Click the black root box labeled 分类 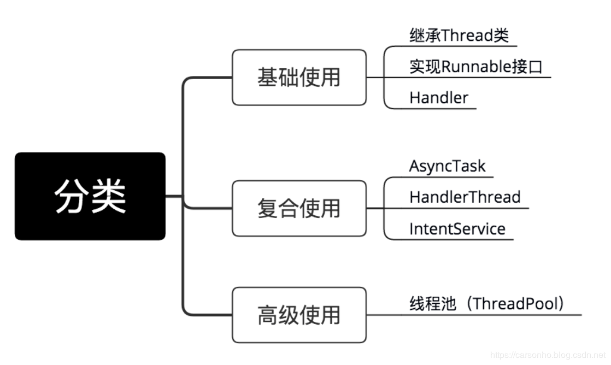click(90, 196)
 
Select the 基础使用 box click(299, 77)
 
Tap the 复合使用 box click(299, 208)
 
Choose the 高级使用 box click(299, 315)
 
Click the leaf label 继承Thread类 click(459, 36)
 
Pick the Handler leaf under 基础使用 click(439, 98)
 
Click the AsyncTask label click(447, 166)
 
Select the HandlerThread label click(465, 197)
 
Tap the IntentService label click(457, 228)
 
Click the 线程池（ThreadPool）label click(486, 303)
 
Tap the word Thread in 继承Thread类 click(467, 36)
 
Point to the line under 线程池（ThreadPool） click(481, 315)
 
